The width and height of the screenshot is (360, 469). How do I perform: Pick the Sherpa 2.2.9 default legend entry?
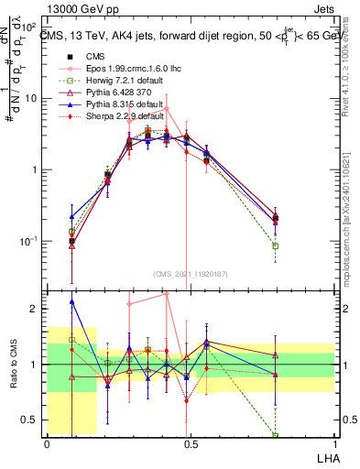[109, 119]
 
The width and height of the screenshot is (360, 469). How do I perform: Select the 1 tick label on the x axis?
[333, 442]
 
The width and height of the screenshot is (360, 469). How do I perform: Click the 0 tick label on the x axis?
[47, 442]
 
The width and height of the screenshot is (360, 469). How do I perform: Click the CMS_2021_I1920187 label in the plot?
[190, 274]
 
